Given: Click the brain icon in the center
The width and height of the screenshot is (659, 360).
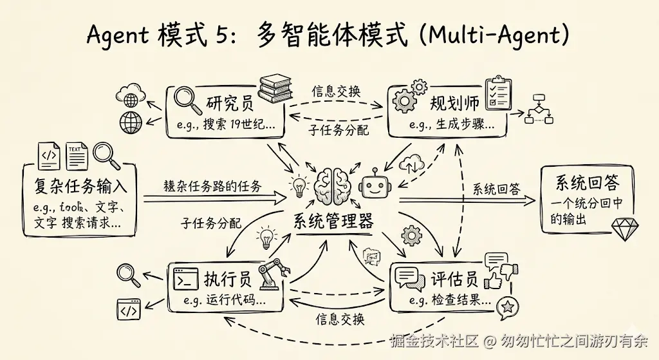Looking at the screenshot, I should (x=333, y=185).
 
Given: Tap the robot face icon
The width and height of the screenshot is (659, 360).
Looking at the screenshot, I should (x=374, y=186).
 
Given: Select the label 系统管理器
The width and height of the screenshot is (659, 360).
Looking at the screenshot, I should (x=333, y=222).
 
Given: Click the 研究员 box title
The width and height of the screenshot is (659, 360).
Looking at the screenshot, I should (x=228, y=103).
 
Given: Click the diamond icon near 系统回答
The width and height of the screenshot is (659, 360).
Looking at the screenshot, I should (x=622, y=230).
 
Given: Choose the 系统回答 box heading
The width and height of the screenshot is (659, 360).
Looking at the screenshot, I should (x=586, y=184).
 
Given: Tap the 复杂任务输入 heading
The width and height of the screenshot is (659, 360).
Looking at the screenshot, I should (x=80, y=186).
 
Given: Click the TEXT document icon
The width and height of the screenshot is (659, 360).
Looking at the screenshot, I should (x=76, y=155).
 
